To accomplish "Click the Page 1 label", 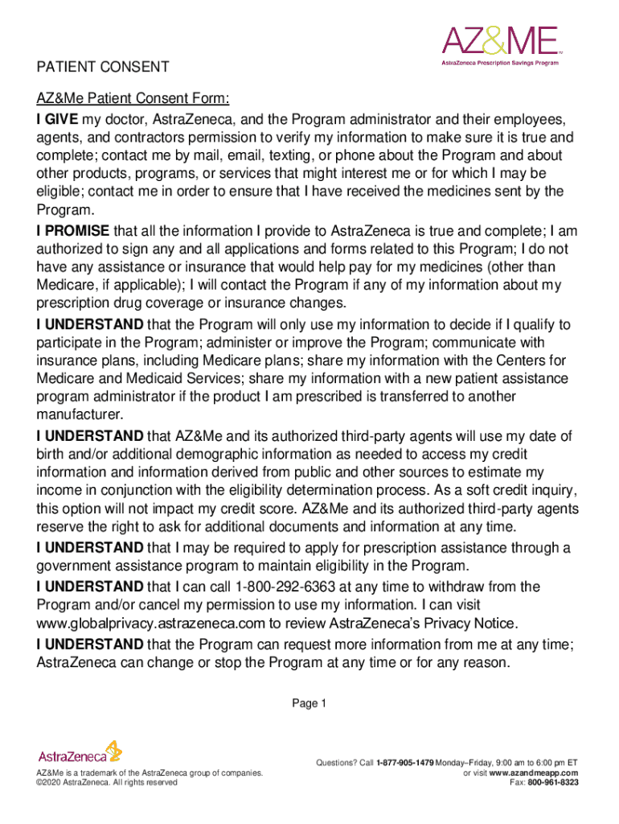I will click(x=309, y=704).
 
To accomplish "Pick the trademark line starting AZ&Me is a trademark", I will click(x=150, y=772).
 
